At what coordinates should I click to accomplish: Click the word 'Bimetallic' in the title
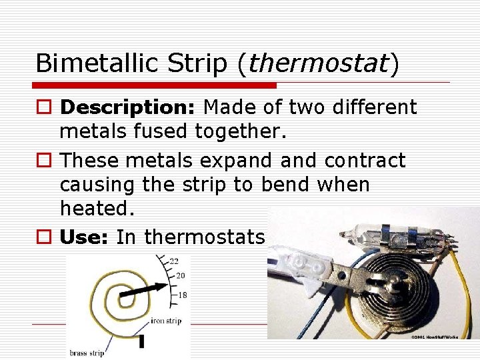tap(93, 63)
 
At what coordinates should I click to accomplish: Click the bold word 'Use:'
tap(85, 237)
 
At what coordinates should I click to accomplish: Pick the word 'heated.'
tap(97, 209)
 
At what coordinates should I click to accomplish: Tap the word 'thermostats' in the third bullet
tap(204, 237)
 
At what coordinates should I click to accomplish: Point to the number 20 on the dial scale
tap(179, 275)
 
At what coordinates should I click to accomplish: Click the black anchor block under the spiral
tap(141, 341)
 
